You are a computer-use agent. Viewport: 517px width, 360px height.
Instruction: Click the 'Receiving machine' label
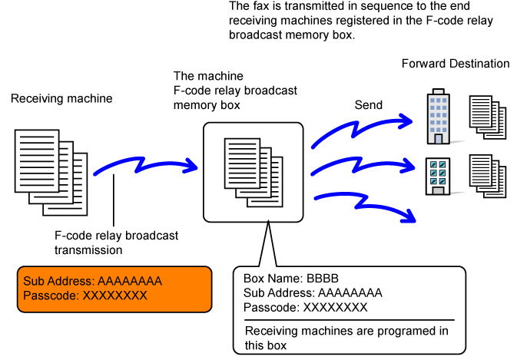[61, 99]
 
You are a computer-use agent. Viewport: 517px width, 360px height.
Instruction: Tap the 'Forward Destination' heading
[456, 64]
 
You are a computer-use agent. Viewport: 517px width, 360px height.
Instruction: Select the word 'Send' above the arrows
[368, 104]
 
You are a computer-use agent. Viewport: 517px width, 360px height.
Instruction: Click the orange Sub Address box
[115, 289]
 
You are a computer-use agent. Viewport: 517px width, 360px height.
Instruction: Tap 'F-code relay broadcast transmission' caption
[116, 243]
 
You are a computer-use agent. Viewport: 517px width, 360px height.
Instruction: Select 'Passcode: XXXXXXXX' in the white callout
[305, 308]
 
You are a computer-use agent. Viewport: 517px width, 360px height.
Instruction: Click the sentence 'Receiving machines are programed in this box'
[346, 338]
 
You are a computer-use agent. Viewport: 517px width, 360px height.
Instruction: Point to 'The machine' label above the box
[208, 77]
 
